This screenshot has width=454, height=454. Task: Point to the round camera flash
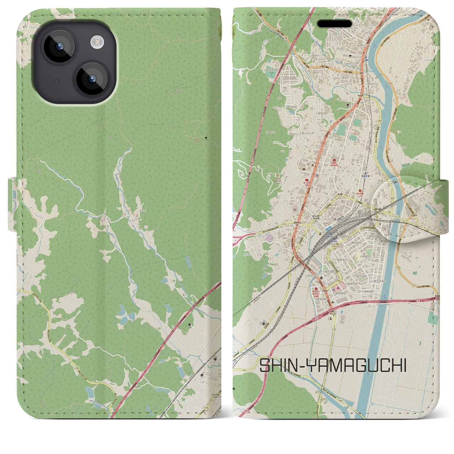click(x=96, y=43)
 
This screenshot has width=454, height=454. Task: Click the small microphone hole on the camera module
click(x=56, y=81)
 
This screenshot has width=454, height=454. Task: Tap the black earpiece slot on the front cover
click(x=334, y=24)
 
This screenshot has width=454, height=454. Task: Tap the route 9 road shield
click(x=321, y=155)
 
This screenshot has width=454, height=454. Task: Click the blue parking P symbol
click(x=342, y=312)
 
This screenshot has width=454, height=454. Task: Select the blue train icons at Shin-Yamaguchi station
click(x=330, y=229)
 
